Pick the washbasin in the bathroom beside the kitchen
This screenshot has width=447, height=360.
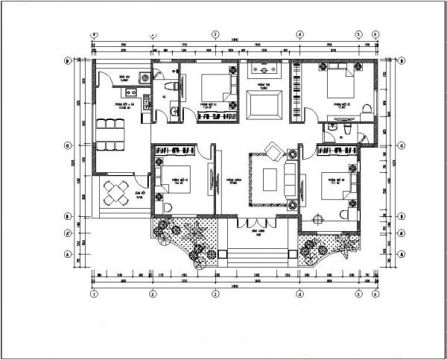tap(174, 112)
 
